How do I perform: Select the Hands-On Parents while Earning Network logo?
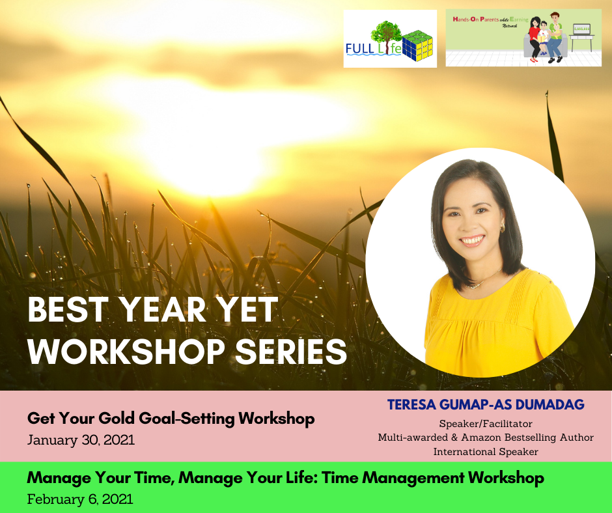point(523,38)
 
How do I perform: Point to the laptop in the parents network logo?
point(581,30)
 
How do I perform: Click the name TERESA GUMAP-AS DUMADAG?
point(486,404)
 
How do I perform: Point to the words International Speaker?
point(486,451)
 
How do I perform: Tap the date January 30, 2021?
point(81,440)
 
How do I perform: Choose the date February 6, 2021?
point(80,499)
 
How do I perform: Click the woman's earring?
point(501,228)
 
